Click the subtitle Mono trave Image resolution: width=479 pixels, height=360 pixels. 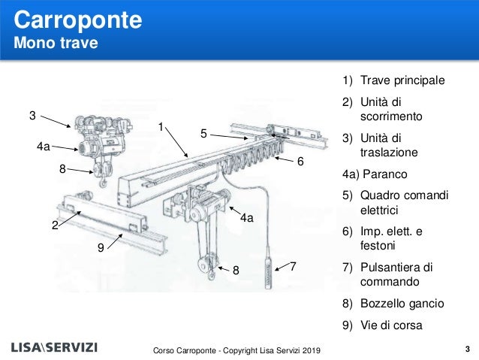point(56,43)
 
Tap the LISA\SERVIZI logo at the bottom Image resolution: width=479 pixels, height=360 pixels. point(59,349)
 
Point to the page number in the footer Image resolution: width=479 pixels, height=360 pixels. point(467,349)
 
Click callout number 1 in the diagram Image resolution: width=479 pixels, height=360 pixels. point(161,128)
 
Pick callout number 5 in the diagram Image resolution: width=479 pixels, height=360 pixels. point(203,134)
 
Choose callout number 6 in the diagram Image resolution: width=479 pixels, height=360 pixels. point(300,162)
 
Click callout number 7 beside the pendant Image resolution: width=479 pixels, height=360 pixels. point(294,267)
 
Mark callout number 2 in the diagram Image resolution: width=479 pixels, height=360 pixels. point(55,225)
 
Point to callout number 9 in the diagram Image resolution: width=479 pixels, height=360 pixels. point(101,247)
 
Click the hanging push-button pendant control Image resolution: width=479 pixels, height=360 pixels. point(267,271)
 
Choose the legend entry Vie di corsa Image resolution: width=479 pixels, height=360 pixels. point(390,326)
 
